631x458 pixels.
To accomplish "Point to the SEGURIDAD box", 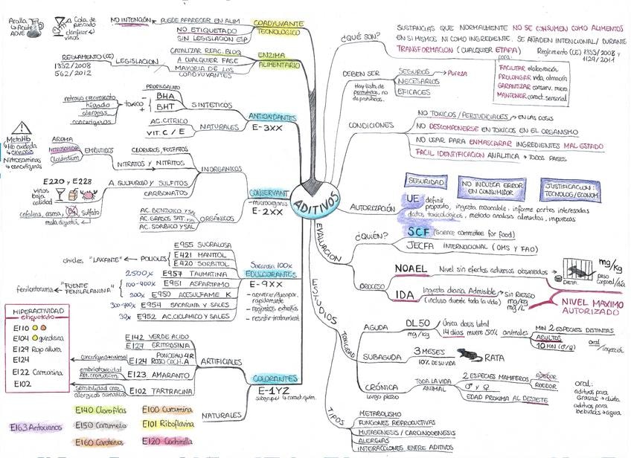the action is point(425,181).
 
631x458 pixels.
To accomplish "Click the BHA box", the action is point(166,96).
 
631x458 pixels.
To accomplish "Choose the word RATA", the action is point(493,358).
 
